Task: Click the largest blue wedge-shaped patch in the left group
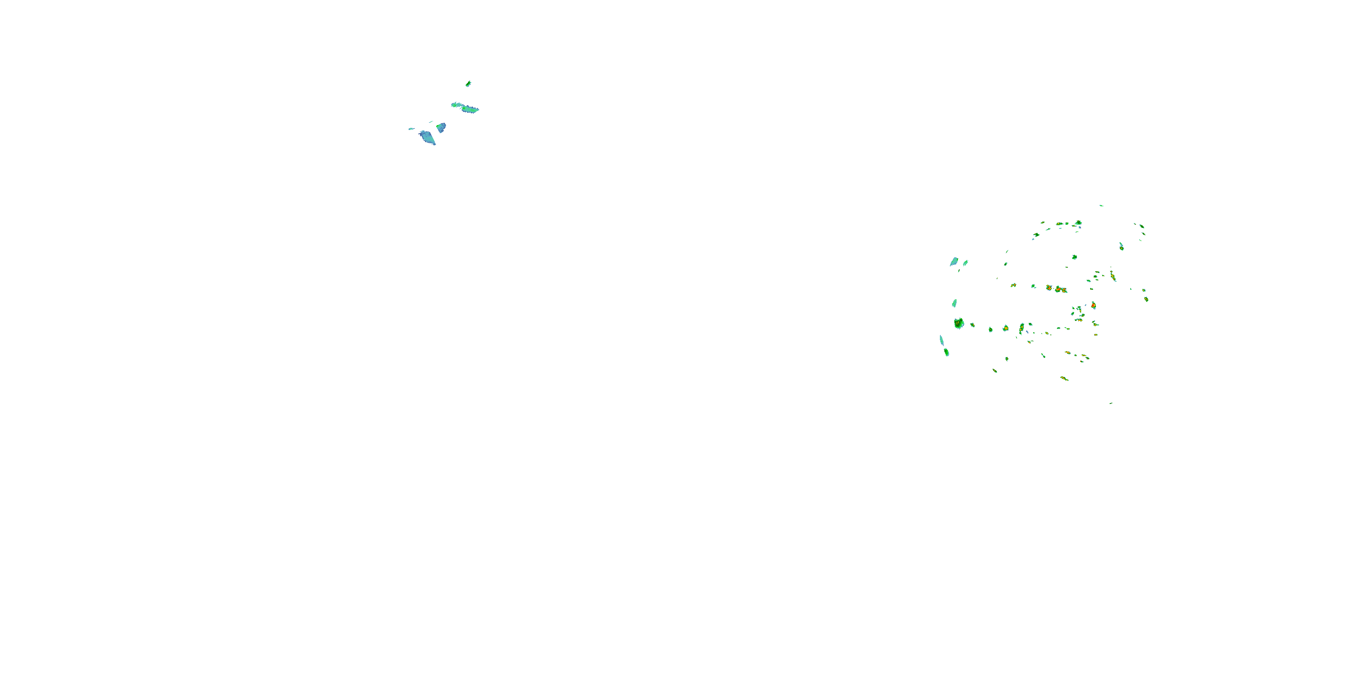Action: [x=428, y=138]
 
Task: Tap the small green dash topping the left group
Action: [x=468, y=83]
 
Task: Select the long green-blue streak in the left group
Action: [x=465, y=107]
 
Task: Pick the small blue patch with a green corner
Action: [x=441, y=127]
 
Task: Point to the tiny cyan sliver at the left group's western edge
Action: [x=411, y=129]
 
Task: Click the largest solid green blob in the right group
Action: [x=958, y=323]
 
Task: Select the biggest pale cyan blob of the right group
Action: [x=954, y=261]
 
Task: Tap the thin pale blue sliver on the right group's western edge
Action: [x=941, y=340]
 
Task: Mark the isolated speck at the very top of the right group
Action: [x=1101, y=205]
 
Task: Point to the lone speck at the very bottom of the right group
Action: [x=1111, y=403]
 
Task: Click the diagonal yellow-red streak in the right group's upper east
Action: [x=1113, y=275]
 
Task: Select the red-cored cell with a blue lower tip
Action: [x=1093, y=305]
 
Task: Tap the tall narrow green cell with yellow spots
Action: [x=1022, y=329]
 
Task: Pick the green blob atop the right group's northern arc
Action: [x=1078, y=223]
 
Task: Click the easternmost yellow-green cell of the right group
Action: [x=1146, y=298]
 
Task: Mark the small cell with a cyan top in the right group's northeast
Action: [x=1121, y=246]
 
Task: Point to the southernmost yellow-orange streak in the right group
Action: [x=1064, y=378]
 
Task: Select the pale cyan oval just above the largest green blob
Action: [x=954, y=303]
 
